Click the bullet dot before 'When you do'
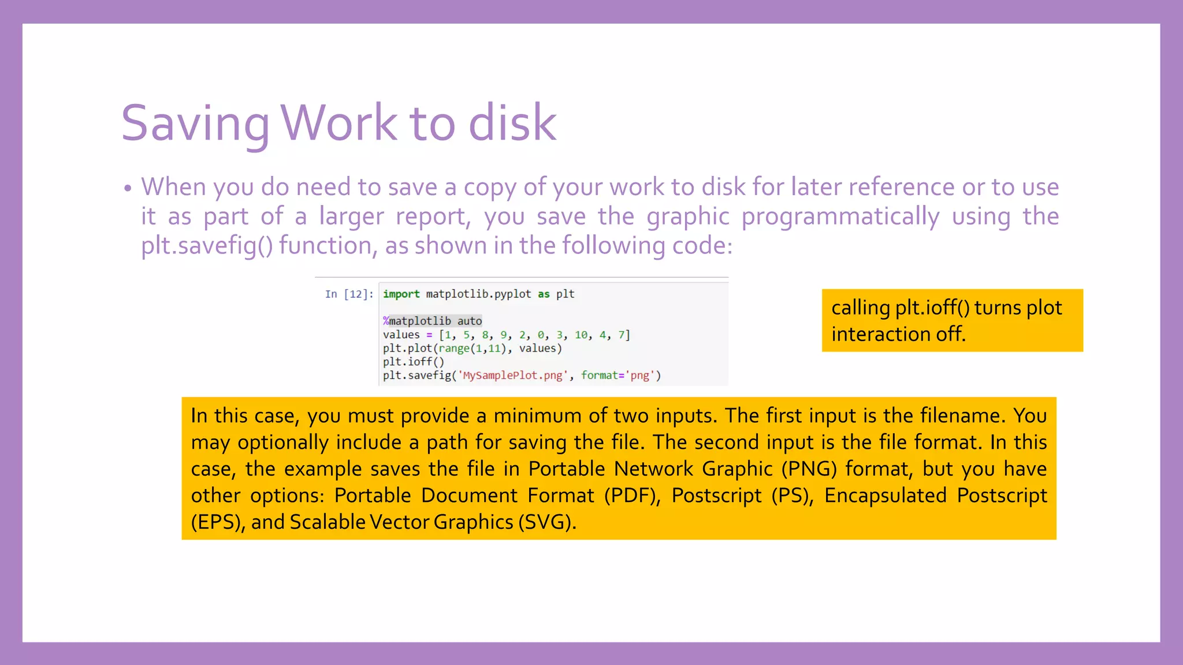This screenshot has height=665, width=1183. click(x=128, y=189)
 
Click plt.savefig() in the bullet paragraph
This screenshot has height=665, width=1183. click(x=207, y=246)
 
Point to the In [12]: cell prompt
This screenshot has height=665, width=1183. click(x=349, y=294)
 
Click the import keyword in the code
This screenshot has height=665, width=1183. click(x=401, y=294)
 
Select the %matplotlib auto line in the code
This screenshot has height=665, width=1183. click(x=432, y=321)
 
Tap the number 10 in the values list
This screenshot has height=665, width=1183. click(x=581, y=335)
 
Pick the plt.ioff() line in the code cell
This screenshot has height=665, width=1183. click(x=413, y=362)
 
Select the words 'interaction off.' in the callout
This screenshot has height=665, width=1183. click(x=898, y=334)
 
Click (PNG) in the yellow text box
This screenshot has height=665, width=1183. click(x=809, y=469)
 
